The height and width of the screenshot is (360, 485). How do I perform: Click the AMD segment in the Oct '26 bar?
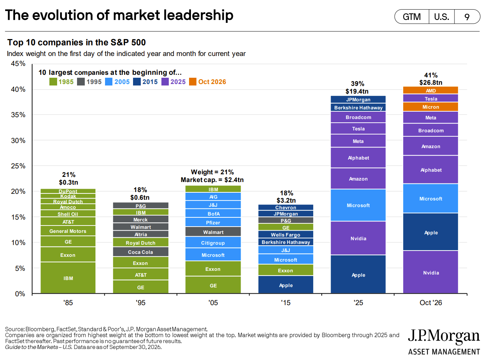[x=430, y=90]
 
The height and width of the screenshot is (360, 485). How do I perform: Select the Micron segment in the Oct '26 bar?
[x=430, y=107]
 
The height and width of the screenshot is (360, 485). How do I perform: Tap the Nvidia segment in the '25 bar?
[x=358, y=238]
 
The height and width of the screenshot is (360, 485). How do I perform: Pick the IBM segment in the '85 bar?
[x=68, y=278]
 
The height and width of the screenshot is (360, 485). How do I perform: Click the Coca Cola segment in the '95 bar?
[x=141, y=252]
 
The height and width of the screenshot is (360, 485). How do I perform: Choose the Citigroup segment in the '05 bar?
[x=213, y=242]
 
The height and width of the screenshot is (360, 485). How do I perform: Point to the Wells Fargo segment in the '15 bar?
[x=286, y=234]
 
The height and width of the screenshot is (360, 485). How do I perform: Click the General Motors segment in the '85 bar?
[x=68, y=231]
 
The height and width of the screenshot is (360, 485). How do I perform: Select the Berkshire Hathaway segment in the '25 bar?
[x=358, y=107]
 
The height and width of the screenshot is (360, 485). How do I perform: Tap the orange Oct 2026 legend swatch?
[x=193, y=82]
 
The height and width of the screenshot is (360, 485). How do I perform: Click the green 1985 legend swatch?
[x=53, y=82]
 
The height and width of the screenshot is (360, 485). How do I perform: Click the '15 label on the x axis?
[x=286, y=303]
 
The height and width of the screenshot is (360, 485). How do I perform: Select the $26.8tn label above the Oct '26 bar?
[x=430, y=83]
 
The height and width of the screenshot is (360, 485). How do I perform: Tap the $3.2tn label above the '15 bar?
[x=286, y=200]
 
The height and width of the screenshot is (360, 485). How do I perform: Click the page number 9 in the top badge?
[x=467, y=17]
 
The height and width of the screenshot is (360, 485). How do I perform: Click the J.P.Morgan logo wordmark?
[x=444, y=336]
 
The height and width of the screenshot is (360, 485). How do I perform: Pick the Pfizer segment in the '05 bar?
[x=213, y=222]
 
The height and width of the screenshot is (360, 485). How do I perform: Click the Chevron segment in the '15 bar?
[x=286, y=207]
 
